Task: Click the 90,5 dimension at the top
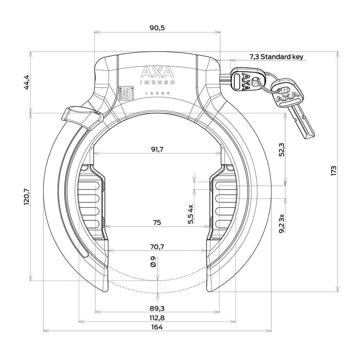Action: [x=157, y=28]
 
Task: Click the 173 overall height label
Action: [x=333, y=171]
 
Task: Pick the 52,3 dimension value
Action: [x=282, y=150]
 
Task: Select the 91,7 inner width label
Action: [x=157, y=149]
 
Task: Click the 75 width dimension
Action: [x=157, y=223]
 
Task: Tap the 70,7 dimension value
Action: [x=157, y=247]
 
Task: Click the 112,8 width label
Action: [x=157, y=318]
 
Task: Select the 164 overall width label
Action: [x=157, y=327]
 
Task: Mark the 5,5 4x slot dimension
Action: [x=191, y=215]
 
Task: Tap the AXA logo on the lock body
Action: [x=157, y=73]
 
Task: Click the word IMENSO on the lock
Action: [x=157, y=82]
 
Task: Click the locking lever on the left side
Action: [x=80, y=117]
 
